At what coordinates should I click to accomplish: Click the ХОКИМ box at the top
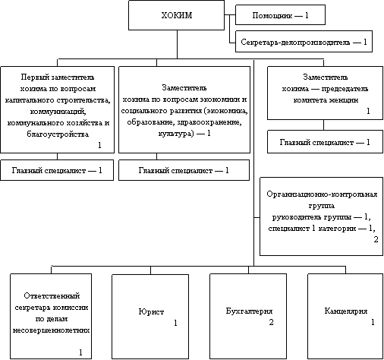click(176, 15)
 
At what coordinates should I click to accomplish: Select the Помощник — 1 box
click(280, 15)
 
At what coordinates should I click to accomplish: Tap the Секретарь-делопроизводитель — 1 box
click(304, 42)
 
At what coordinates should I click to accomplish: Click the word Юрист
click(151, 311)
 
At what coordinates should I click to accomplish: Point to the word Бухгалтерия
click(249, 311)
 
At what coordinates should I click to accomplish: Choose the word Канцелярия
click(346, 311)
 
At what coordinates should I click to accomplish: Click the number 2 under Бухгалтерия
click(271, 322)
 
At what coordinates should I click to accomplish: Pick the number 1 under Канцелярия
click(373, 322)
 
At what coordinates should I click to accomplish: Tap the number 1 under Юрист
click(175, 323)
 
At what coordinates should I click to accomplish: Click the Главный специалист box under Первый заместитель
click(57, 170)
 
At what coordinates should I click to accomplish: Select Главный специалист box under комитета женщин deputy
click(325, 141)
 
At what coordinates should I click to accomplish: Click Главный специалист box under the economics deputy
click(184, 170)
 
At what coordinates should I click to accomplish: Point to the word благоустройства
click(58, 134)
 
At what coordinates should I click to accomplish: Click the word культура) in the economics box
click(176, 134)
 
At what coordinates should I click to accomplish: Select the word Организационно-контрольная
click(322, 194)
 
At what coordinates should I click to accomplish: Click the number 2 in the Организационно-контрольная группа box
click(376, 239)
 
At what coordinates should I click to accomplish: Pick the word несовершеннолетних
click(51, 330)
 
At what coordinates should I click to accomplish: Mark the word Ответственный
click(52, 295)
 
